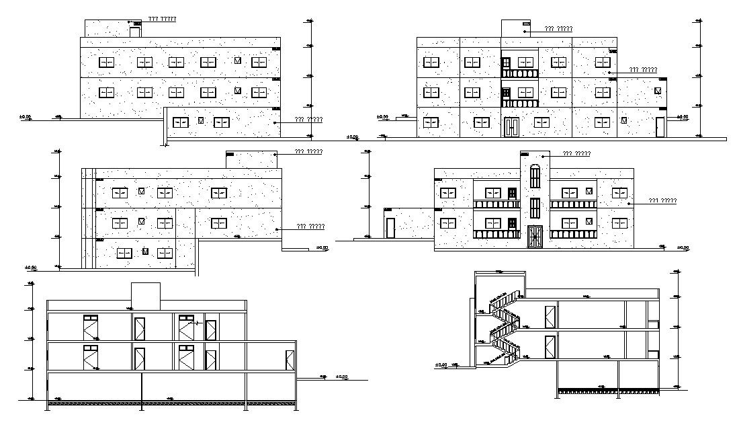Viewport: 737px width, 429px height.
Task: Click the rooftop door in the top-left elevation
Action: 134,32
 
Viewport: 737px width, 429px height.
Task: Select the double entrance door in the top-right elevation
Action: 511,127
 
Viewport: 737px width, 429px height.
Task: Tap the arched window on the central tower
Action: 534,177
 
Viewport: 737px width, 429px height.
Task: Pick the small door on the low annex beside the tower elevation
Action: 390,228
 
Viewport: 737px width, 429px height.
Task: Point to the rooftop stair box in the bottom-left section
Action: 146,294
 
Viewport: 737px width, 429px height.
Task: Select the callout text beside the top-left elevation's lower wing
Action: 308,120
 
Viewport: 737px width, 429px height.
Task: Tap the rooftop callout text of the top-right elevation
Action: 558,28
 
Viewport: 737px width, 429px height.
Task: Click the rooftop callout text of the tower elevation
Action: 576,153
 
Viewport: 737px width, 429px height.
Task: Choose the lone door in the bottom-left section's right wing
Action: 290,360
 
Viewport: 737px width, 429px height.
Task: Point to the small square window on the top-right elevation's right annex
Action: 658,90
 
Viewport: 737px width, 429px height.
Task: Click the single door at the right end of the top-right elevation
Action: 660,127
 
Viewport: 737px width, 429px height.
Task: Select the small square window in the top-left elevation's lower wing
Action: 200,122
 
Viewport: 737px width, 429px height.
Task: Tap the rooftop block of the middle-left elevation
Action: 251,159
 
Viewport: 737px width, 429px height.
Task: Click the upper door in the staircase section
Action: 550,316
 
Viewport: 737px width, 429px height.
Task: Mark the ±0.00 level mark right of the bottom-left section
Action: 342,377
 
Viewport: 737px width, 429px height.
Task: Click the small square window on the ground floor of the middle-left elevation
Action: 144,252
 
